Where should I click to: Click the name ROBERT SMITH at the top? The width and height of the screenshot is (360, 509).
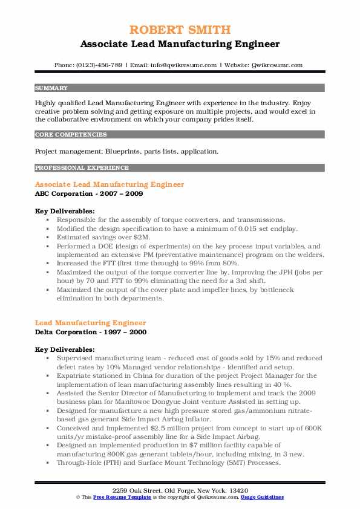click(180, 30)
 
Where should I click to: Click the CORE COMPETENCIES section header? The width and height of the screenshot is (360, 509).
click(71, 135)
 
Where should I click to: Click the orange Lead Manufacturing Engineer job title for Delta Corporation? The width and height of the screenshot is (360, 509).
click(90, 323)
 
